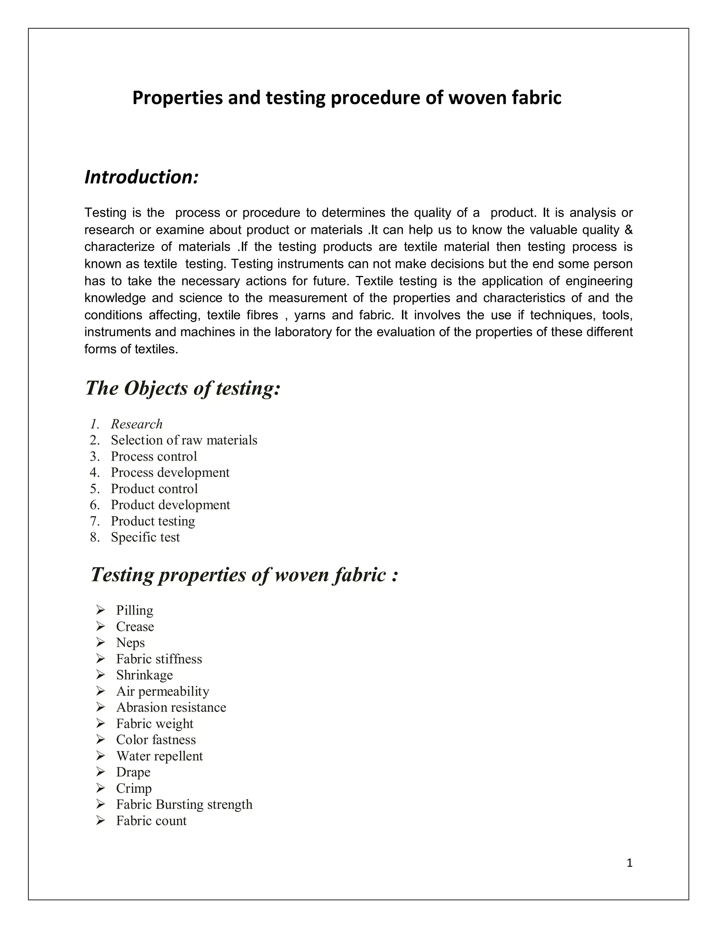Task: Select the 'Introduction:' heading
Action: click(x=141, y=177)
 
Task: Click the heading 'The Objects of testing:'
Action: click(x=183, y=388)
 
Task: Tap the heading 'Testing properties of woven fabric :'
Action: click(x=245, y=575)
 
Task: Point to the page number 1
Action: click(x=629, y=863)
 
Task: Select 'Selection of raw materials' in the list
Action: click(x=184, y=440)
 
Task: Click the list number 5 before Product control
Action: click(x=94, y=489)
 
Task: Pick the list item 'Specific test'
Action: click(x=145, y=538)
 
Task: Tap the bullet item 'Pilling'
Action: click(x=135, y=611)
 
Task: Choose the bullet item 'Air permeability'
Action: click(x=163, y=691)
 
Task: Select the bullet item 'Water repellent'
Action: click(x=159, y=756)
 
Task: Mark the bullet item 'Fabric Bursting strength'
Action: click(x=185, y=804)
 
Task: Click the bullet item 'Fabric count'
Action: click(x=151, y=820)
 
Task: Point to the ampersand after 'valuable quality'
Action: click(x=629, y=230)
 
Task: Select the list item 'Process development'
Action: click(x=170, y=472)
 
